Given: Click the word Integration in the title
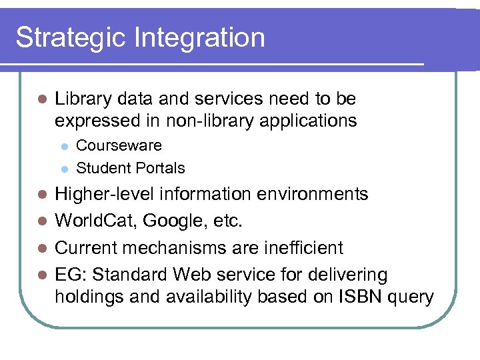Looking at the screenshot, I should [200, 37].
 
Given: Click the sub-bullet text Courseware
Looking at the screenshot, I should [119, 145].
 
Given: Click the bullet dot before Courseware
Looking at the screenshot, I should [63, 146].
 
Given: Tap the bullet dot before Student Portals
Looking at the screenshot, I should [63, 169].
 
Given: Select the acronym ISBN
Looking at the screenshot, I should [357, 297].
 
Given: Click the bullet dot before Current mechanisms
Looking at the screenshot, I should [41, 248].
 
